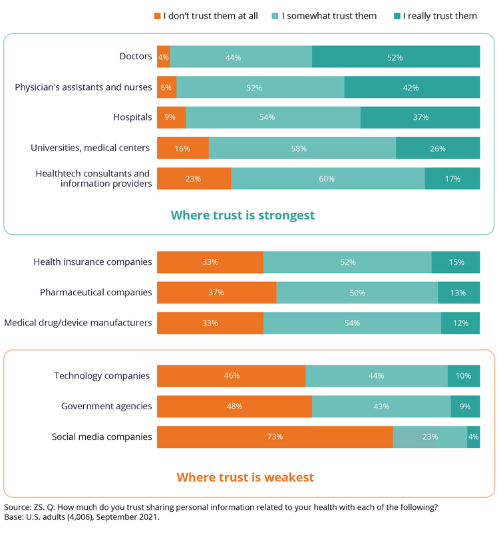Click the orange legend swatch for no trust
158,16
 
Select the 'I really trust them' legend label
440,16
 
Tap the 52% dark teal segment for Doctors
396,57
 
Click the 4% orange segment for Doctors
163,57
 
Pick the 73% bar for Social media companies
275,437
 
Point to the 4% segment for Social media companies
473,437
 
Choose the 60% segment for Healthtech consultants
328,179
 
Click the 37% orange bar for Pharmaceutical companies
216,293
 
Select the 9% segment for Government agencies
465,407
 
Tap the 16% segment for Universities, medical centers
183,148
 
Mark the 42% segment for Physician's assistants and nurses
412,88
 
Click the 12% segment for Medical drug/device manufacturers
460,323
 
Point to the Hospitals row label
133,117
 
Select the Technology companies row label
102,376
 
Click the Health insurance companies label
92,262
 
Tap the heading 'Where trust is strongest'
243,216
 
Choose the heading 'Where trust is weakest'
246,477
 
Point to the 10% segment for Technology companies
464,376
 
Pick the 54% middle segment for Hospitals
273,118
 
